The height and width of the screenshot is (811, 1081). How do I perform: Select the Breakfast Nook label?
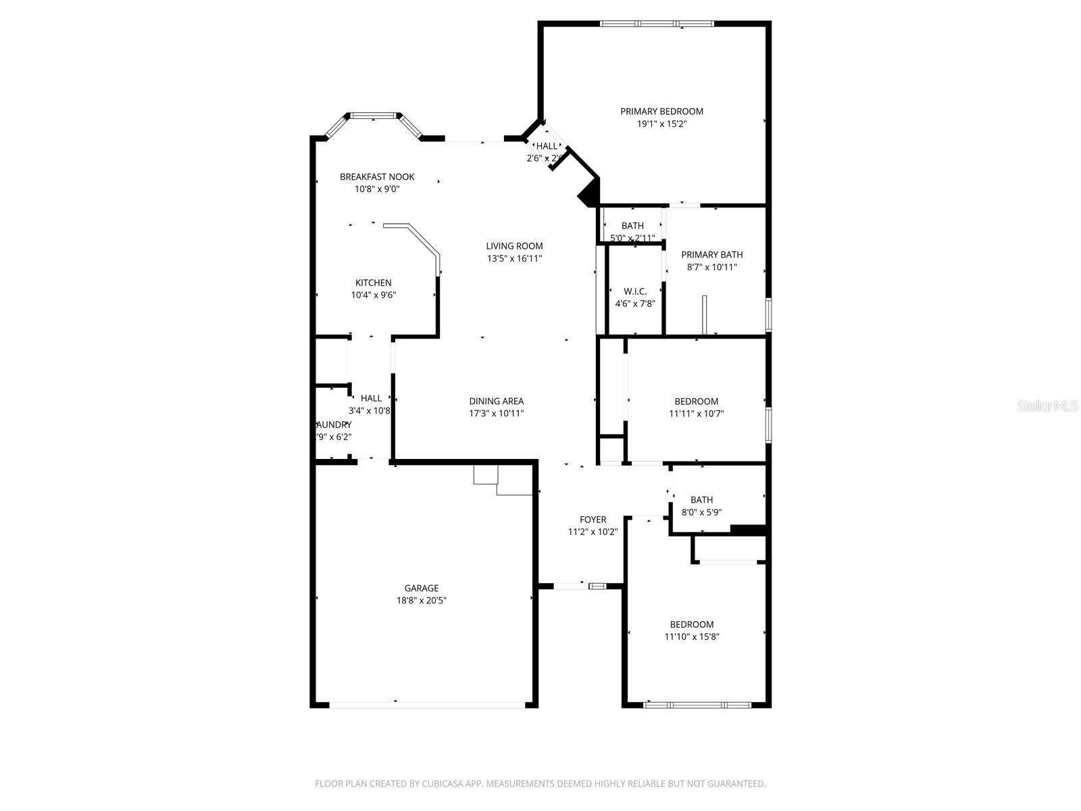point(377,177)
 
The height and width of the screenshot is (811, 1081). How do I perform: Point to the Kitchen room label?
point(373,283)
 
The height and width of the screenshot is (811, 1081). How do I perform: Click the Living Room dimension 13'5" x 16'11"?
point(514,259)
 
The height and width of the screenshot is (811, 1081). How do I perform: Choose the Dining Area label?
point(496,401)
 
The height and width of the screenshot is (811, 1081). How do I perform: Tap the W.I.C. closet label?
point(634,291)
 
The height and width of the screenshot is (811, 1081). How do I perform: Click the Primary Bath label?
point(711,255)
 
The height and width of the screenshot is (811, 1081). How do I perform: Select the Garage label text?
point(422,589)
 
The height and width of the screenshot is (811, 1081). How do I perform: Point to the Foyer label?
point(593,520)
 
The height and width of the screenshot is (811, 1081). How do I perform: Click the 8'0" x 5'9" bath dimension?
point(701,512)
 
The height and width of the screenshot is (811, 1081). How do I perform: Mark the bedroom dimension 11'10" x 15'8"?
point(692,637)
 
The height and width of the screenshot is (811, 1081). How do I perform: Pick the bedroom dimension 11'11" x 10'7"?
point(696,414)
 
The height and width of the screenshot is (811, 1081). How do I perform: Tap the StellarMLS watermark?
point(1047,406)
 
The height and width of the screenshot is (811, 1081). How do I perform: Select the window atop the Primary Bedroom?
point(656,24)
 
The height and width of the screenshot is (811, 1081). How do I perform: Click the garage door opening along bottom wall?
point(427,705)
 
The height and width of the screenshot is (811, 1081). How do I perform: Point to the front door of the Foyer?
point(580,586)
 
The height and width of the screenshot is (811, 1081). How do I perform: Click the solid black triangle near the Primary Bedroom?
point(590,193)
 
